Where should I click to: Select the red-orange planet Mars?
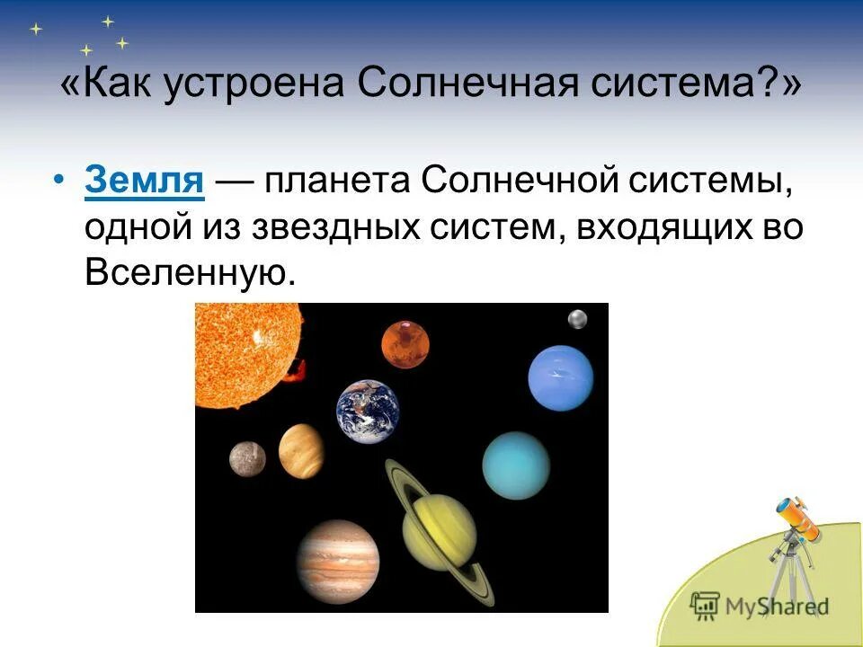click(405, 345)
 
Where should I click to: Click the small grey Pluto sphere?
click(577, 319)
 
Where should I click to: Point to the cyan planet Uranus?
click(515, 465)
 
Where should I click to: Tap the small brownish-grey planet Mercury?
click(247, 458)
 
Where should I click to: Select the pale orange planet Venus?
click(301, 452)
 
